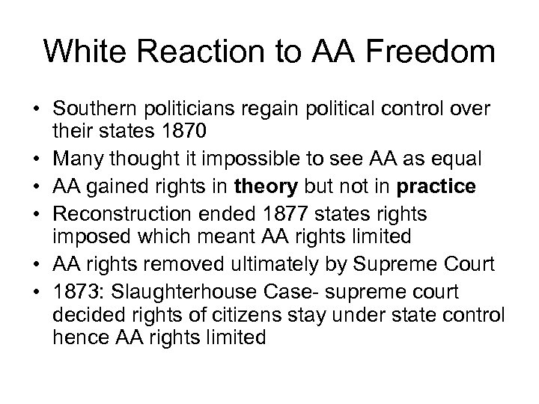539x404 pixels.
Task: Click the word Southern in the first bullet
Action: [x=92, y=109]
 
